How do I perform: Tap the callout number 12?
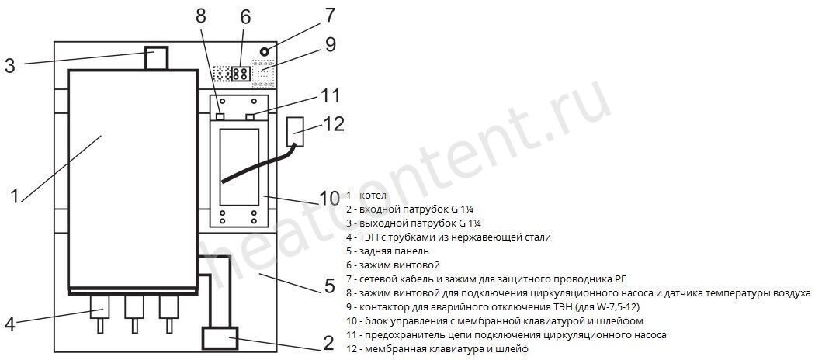click(x=334, y=124)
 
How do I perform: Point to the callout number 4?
click(x=10, y=323)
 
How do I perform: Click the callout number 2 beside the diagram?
click(x=328, y=343)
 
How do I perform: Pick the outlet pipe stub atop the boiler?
click(x=157, y=57)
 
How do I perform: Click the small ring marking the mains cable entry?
click(x=265, y=51)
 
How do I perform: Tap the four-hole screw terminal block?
click(x=240, y=74)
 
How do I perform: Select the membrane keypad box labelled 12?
click(x=295, y=131)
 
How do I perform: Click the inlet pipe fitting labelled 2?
click(x=220, y=337)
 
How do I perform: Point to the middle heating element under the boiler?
click(x=134, y=313)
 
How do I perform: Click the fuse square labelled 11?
click(x=251, y=117)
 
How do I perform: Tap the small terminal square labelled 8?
click(x=220, y=117)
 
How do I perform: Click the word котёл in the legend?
click(x=373, y=196)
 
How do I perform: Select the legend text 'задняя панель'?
click(x=394, y=251)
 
